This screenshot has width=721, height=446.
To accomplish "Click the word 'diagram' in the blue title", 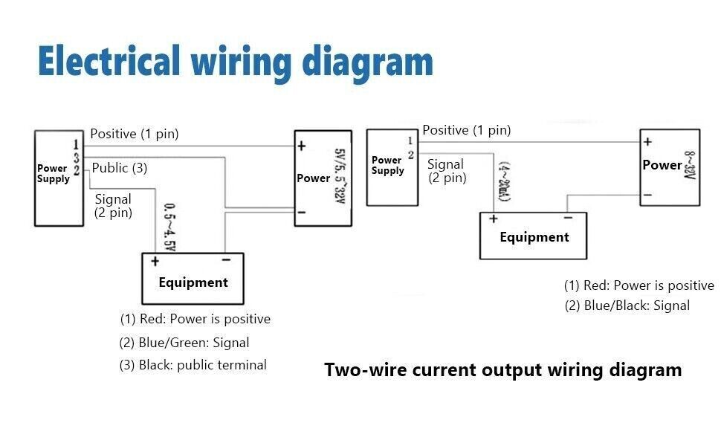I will pyautogui.click(x=368, y=62).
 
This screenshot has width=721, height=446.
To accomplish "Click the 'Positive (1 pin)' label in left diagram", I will pyautogui.click(x=135, y=135).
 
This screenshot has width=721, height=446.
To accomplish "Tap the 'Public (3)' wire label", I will pyautogui.click(x=120, y=169).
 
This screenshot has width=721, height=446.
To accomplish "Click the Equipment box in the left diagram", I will pyautogui.click(x=193, y=279).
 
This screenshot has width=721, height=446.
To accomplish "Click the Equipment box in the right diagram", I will pyautogui.click(x=534, y=236).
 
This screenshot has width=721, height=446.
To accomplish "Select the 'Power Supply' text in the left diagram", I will pyautogui.click(x=53, y=173).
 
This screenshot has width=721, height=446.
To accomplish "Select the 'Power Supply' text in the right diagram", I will pyautogui.click(x=387, y=165).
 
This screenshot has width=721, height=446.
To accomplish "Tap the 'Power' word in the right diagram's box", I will pyautogui.click(x=662, y=165).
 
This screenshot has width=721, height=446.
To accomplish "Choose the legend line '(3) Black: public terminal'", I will pyautogui.click(x=193, y=365).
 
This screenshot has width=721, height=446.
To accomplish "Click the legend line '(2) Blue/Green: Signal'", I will pyautogui.click(x=184, y=343).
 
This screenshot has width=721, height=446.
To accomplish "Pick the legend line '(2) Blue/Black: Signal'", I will pyautogui.click(x=627, y=306).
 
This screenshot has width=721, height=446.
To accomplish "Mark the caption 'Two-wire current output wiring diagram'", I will pyautogui.click(x=502, y=370).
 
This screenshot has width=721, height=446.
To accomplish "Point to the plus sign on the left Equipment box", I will pyautogui.click(x=155, y=261).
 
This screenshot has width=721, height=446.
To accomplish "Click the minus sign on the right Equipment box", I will pyautogui.click(x=567, y=219).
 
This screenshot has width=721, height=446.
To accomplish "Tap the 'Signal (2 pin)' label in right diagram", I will pyautogui.click(x=446, y=171).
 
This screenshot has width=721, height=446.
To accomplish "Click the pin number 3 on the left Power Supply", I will pyautogui.click(x=77, y=158).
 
